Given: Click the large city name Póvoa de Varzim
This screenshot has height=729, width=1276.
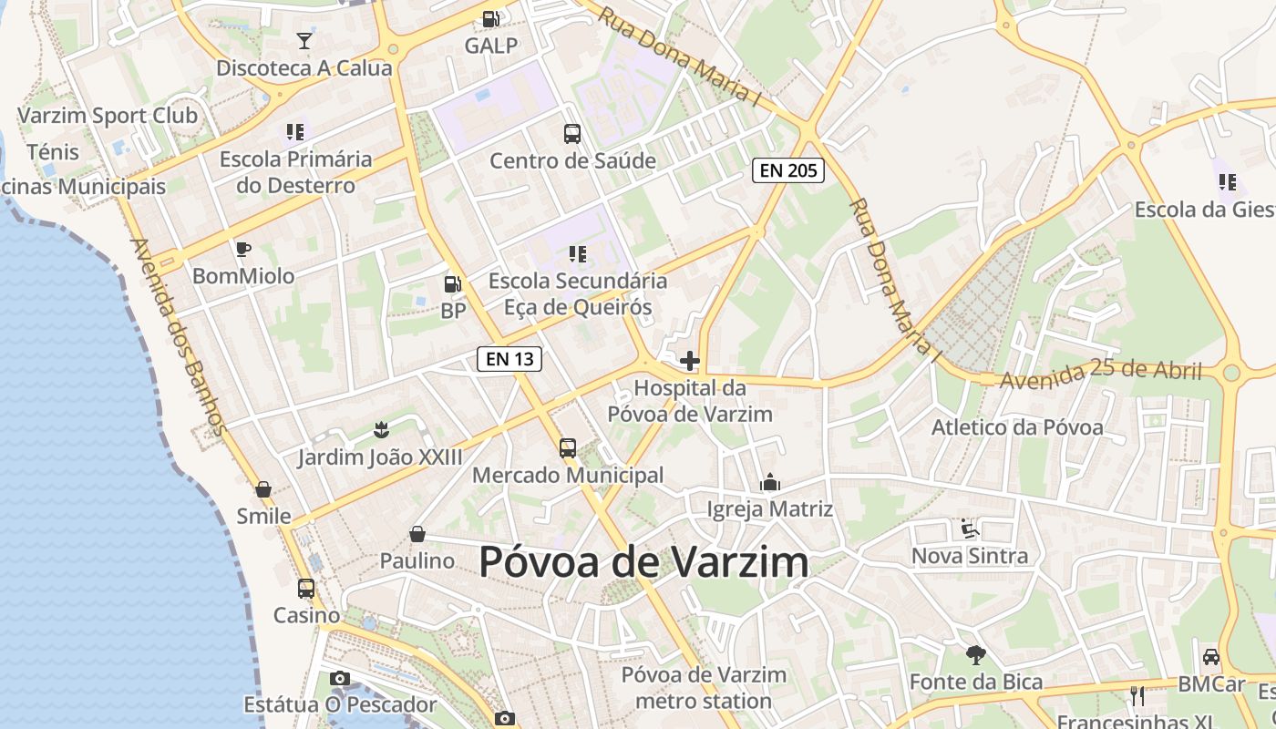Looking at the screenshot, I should point(643,562).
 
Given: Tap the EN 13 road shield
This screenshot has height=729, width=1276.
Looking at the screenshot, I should point(509,359).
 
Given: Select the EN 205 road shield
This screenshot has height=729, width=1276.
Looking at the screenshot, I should point(787,170).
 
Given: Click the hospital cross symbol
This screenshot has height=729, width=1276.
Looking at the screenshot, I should point(690,361).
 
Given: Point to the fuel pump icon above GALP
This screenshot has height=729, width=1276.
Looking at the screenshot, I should point(490,18).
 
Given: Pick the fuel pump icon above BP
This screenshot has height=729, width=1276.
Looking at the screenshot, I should point(452,284).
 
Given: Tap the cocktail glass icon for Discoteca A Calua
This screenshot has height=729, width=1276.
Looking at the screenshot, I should point(304,41).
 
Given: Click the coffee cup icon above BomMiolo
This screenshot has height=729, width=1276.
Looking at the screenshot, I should point(242,249).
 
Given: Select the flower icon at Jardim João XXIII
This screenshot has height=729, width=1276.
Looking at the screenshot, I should point(380,429).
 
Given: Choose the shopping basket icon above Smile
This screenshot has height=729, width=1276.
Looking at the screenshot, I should point(263,489).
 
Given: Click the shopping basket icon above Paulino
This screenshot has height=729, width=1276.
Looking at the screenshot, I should point(417,534).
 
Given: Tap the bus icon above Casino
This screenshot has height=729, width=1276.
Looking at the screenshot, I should point(306,589).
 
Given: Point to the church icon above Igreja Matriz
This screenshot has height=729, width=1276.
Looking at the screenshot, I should point(770,481).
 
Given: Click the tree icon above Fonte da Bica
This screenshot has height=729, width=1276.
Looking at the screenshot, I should point(976,654).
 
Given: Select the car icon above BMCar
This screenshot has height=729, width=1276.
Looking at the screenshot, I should point(1211,656).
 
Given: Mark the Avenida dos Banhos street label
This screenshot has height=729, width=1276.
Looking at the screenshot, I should point(179,336).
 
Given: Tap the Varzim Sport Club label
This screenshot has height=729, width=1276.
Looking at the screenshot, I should point(108,116).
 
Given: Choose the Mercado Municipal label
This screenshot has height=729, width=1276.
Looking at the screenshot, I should point(568,476).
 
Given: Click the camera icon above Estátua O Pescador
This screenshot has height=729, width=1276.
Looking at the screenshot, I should point(340,678).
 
